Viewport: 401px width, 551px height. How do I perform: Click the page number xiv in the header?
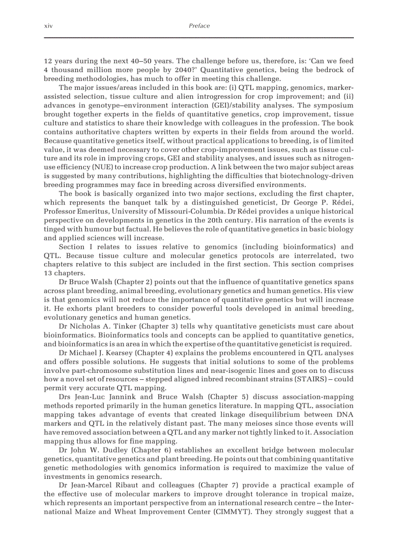click(48, 26)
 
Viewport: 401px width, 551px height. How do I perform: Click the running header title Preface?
click(199, 26)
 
